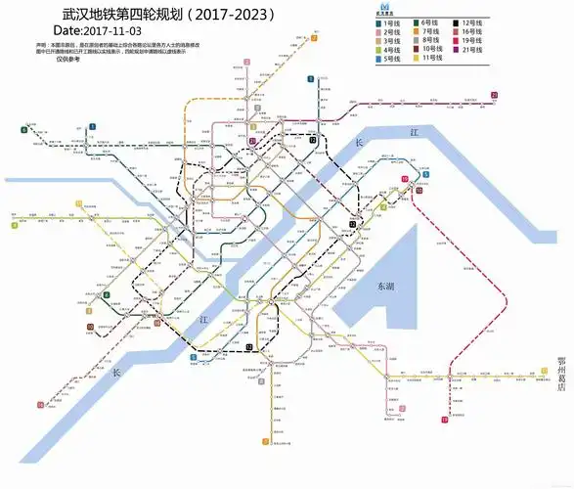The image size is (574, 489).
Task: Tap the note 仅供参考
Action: point(70,60)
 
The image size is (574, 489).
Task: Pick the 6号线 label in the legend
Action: point(430,22)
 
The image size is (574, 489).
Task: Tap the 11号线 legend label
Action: point(430,58)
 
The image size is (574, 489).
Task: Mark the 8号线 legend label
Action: point(430,40)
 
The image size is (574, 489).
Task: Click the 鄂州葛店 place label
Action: point(561,373)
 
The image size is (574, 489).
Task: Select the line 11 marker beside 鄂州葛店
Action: point(544,371)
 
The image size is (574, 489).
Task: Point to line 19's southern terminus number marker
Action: point(445,420)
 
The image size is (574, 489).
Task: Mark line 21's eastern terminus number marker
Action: point(495,95)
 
